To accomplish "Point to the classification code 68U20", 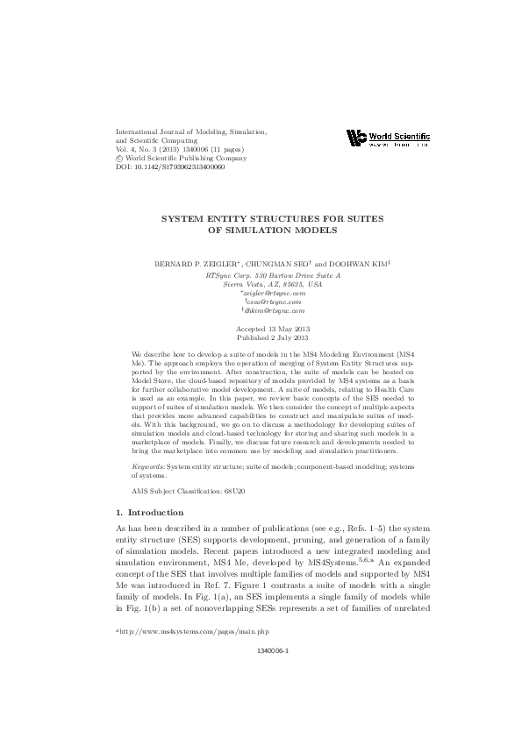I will [x=231, y=490].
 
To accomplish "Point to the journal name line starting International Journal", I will [x=192, y=130].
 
